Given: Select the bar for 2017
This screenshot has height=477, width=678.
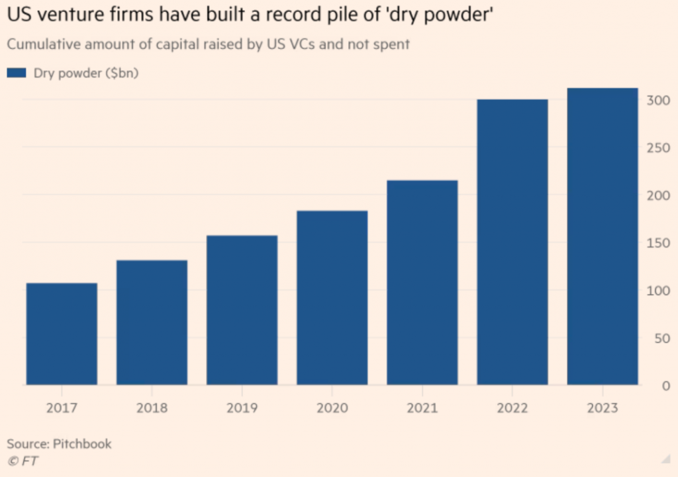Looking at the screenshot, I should click(x=62, y=334).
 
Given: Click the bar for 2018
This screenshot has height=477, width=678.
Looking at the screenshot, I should click(x=152, y=323).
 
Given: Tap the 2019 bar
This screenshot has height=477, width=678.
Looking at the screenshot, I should click(x=242, y=310).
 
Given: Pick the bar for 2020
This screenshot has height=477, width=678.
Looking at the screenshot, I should click(x=332, y=297).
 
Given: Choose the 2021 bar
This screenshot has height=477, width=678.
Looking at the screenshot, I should click(x=422, y=282).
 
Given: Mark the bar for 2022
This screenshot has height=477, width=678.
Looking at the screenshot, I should click(x=512, y=242).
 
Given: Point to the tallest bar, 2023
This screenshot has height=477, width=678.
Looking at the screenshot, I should click(x=603, y=236).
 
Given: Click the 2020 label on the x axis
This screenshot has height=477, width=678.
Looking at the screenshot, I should click(x=332, y=407).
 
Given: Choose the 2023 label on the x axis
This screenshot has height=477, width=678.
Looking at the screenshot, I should click(x=603, y=407).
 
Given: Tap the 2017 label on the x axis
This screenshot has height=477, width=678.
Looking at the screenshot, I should click(x=62, y=407).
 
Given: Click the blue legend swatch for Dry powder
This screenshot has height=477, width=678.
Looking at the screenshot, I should click(x=16, y=73).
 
